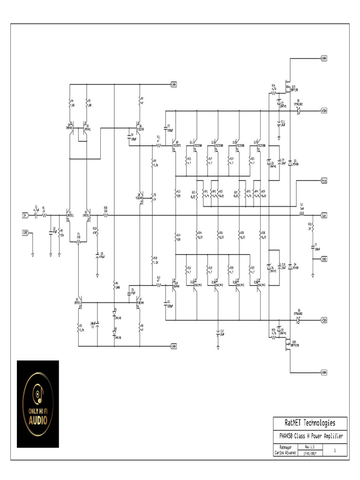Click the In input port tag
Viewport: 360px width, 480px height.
click(x=25, y=216)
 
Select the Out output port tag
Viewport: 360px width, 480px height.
click(x=323, y=216)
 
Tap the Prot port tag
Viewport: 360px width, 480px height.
click(x=323, y=180)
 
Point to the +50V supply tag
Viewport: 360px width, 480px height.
click(x=323, y=111)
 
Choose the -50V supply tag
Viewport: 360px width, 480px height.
click(x=323, y=321)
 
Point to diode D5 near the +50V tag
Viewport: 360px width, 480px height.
click(x=298, y=111)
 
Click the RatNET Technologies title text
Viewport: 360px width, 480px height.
click(x=310, y=423)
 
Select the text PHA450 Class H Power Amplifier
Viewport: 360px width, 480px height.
click(x=310, y=436)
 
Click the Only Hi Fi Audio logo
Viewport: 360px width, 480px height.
click(x=38, y=404)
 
